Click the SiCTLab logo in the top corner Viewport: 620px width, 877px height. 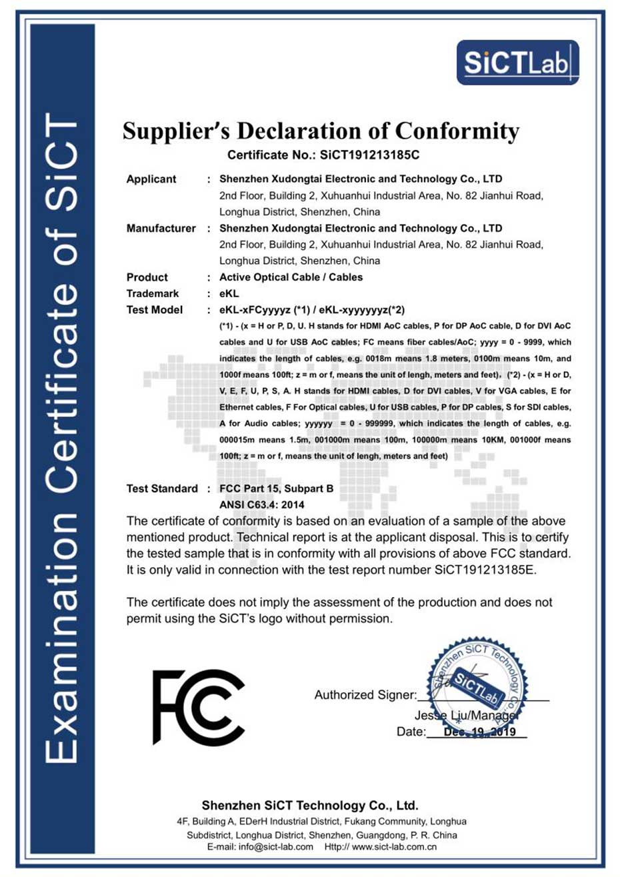point(517,63)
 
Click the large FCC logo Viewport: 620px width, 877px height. point(199,707)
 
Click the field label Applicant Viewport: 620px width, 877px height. point(151,179)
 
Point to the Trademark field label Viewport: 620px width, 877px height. point(153,294)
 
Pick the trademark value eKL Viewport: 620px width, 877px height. point(229,294)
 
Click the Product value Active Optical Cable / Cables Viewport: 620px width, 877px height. point(291,277)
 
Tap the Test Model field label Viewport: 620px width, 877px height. point(155,310)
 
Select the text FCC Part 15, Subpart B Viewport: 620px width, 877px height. point(276,489)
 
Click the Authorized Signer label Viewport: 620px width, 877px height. point(365,695)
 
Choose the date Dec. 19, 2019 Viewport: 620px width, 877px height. point(477,732)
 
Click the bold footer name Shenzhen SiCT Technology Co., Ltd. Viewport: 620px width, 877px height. point(310,806)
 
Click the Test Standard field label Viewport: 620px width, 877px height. point(162,489)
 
